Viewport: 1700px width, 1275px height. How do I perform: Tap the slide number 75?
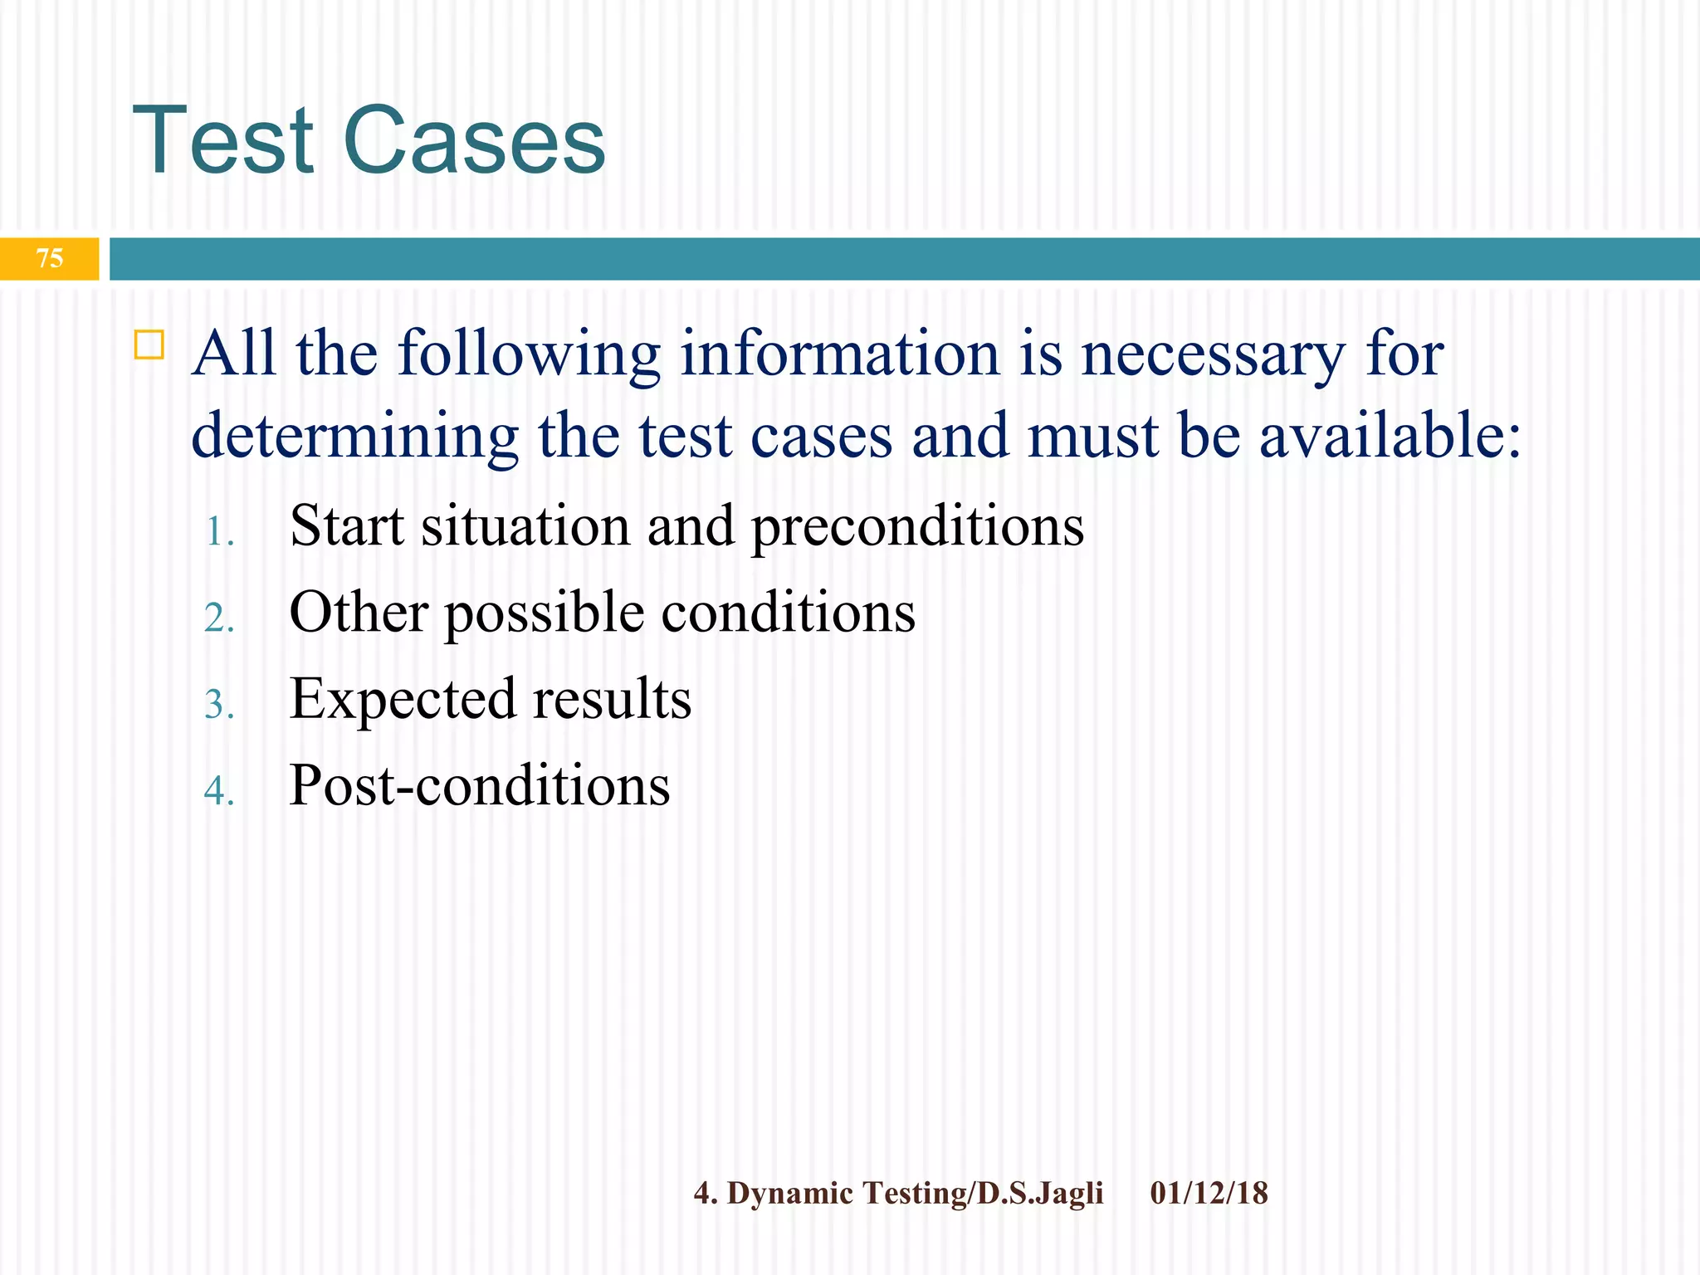click(x=50, y=258)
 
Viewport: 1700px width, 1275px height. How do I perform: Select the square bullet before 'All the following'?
click(x=149, y=344)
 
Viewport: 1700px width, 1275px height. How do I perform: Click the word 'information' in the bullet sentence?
click(x=839, y=354)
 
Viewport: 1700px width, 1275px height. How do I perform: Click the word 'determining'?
click(x=354, y=437)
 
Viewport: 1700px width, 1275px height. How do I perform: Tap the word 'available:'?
click(x=1390, y=436)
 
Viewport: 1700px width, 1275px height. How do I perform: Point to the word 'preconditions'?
click(x=917, y=528)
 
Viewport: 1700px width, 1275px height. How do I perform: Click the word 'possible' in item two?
click(x=545, y=615)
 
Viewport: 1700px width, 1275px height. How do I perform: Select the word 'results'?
click(x=612, y=699)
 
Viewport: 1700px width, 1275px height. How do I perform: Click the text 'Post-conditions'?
click(x=479, y=785)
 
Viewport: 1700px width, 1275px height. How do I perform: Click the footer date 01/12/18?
click(x=1209, y=1194)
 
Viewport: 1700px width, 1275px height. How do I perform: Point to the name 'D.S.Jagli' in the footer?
click(x=1040, y=1194)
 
